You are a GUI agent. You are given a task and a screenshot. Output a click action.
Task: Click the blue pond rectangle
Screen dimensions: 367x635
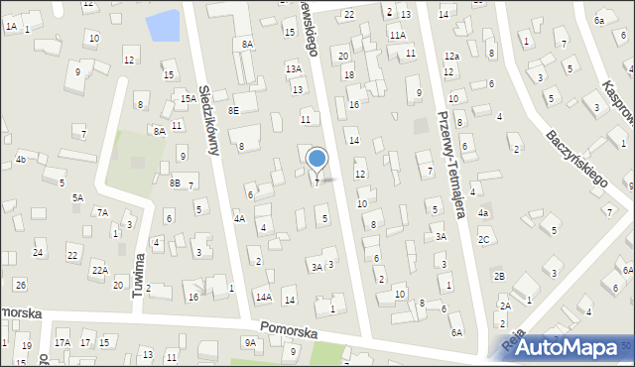(x=164, y=25)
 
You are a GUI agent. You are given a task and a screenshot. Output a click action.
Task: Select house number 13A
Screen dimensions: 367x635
(x=294, y=68)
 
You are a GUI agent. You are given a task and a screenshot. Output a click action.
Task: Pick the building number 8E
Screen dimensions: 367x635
(x=233, y=110)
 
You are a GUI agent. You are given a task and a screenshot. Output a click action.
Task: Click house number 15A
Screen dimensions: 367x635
(x=188, y=98)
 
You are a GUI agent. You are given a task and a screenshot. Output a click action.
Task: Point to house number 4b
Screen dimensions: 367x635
(x=20, y=159)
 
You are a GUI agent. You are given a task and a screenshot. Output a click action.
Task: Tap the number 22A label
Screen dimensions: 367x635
(x=99, y=269)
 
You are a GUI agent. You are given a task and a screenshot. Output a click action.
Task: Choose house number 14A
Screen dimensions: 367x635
(x=263, y=297)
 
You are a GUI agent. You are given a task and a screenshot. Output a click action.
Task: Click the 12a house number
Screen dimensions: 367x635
(x=451, y=57)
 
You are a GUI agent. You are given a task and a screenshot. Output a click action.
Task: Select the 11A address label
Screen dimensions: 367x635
(x=397, y=35)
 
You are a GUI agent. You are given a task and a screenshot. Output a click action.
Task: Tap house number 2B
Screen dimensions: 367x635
(x=500, y=276)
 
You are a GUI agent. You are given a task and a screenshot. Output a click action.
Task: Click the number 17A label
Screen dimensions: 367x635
(x=63, y=342)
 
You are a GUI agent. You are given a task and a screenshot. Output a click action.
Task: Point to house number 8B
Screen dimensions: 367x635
(x=175, y=183)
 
